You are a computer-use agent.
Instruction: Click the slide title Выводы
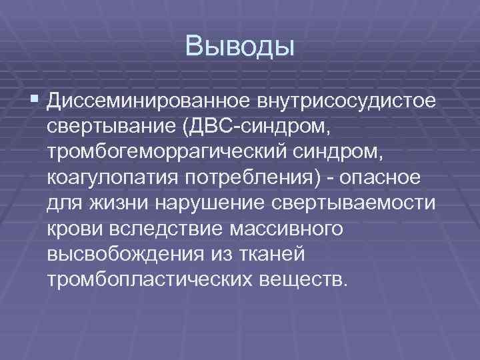pyautogui.click(x=240, y=47)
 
